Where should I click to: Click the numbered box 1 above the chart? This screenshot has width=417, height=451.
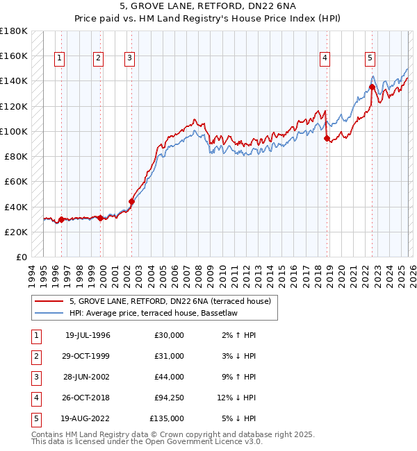60,58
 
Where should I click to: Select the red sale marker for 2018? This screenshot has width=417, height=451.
327,138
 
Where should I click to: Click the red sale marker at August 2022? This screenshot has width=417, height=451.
372,87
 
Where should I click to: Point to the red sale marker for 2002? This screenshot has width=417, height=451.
131,201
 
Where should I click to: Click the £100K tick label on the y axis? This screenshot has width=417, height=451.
14,131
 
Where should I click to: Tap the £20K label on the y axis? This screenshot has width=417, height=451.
16,232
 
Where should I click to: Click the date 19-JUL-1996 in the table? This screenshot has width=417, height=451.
88,335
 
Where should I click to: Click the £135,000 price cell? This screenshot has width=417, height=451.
167,418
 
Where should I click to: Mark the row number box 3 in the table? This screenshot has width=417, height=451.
35,377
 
